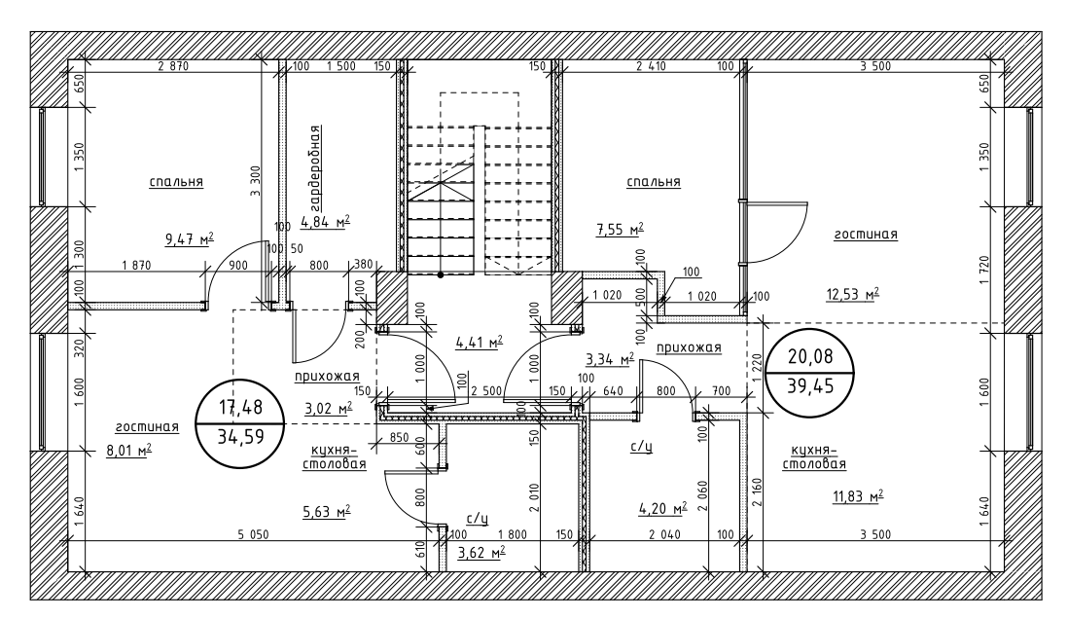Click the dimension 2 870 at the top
coord(172,66)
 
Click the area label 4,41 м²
coord(479,342)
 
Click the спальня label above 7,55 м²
coord(653,182)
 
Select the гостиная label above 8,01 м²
coord(147,426)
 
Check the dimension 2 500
coord(486,390)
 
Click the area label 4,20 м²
coord(662,507)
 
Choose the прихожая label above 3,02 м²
coord(328,376)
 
